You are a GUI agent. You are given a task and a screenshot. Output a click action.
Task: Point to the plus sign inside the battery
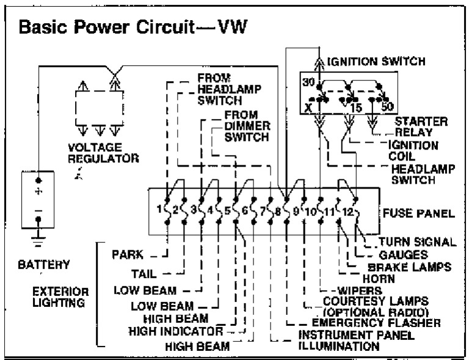point(38,192)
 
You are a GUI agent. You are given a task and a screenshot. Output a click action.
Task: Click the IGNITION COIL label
point(413,150)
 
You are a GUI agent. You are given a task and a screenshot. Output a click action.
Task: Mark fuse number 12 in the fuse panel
point(347,212)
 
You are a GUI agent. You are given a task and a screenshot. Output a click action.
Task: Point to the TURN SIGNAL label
point(417,242)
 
